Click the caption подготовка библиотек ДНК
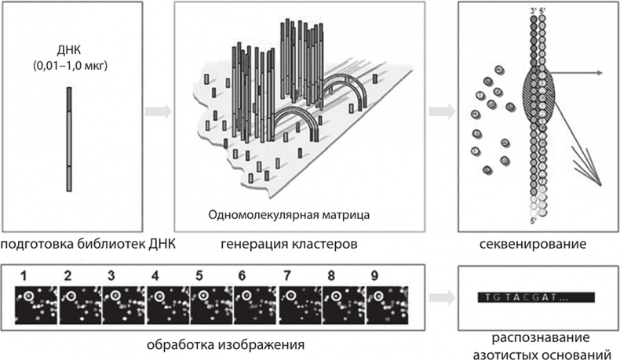tap(86, 245)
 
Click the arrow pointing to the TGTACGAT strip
tap(445, 299)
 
